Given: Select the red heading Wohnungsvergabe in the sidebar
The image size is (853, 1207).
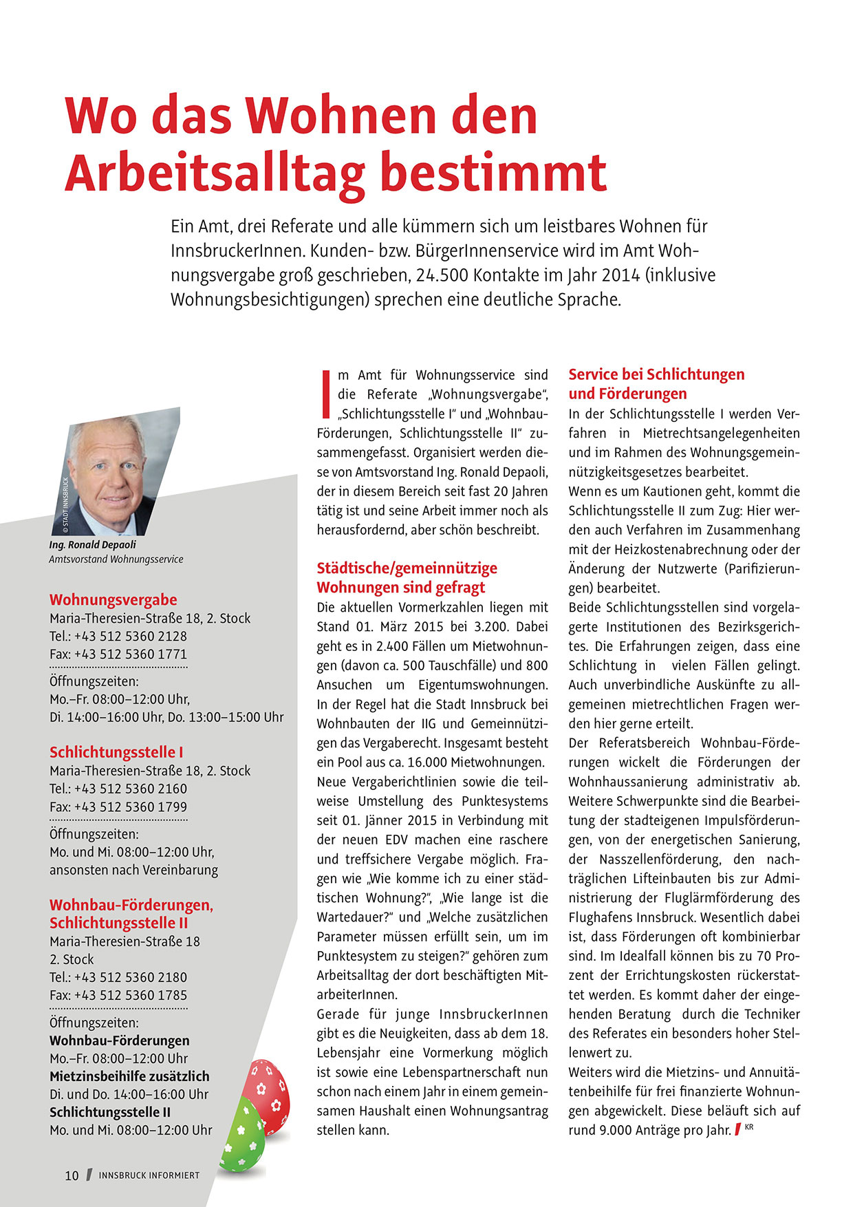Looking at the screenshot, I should [113, 599].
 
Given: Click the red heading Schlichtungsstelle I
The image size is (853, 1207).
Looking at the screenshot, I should [116, 752].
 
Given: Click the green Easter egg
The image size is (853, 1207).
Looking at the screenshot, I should [241, 1135].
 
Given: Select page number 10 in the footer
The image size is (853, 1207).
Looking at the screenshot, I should [72, 1175].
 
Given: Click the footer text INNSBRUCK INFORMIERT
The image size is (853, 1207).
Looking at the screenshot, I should [149, 1175].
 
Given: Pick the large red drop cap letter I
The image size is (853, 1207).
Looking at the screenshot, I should [326, 394].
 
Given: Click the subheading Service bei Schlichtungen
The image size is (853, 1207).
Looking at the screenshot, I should [656, 374].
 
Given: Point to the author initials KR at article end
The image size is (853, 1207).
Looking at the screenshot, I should [749, 1127].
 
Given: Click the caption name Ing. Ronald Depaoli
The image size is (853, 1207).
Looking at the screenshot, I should [92, 544].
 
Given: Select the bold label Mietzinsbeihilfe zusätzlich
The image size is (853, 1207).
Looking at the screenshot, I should [129, 1076].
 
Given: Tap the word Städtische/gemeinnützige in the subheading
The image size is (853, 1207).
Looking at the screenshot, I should [407, 568].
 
